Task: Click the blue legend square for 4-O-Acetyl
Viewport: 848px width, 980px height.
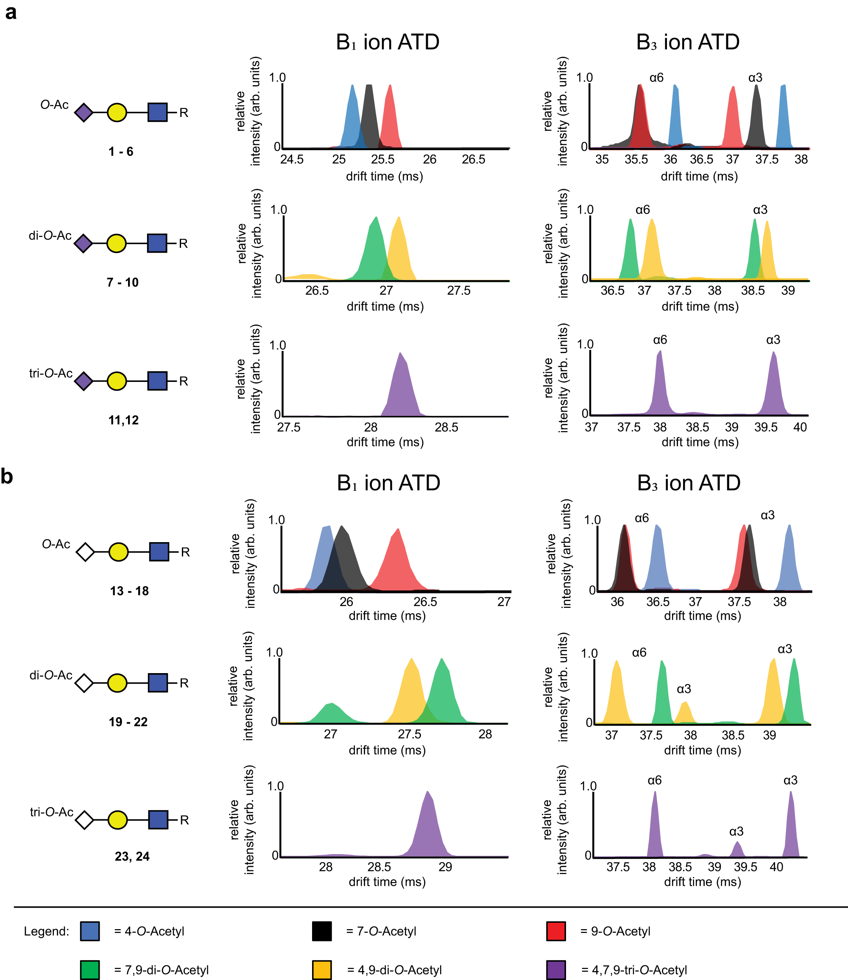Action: pos(90,931)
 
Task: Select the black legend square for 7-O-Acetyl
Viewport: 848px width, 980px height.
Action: pos(322,931)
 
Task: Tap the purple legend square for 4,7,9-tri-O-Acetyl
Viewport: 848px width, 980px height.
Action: pos(556,969)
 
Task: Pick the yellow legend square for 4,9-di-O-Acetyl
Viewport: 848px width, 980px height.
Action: pos(322,969)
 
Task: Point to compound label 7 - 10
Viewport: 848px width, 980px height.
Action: pos(123,282)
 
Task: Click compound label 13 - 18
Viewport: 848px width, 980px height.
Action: pos(129,591)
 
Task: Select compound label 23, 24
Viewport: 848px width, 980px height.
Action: pos(132,856)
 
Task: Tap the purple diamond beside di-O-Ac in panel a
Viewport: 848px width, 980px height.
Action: pos(83,244)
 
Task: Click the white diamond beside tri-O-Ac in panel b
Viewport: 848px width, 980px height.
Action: pos(85,820)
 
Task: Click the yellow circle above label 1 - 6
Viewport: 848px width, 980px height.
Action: pos(117,113)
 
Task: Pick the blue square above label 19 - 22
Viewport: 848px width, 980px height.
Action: pos(158,683)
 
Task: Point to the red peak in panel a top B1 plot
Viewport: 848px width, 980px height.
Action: pos(390,118)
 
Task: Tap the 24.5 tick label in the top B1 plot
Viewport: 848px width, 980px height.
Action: pos(292,159)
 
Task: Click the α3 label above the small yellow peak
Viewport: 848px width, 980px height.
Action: pos(684,689)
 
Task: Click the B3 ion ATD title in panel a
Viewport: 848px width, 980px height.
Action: pos(688,42)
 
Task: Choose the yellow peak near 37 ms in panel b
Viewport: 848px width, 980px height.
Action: pos(616,693)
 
